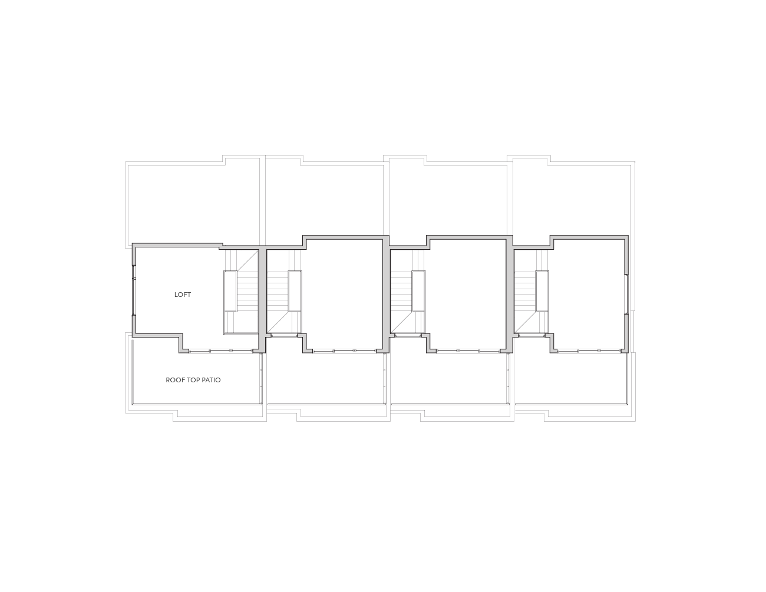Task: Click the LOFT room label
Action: (x=183, y=295)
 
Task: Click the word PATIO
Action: (x=211, y=380)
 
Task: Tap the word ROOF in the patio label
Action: (x=173, y=380)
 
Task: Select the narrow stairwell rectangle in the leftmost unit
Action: (x=230, y=291)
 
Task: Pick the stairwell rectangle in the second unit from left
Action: (x=295, y=291)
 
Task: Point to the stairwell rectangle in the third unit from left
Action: (x=418, y=291)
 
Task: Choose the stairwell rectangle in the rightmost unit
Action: (x=542, y=291)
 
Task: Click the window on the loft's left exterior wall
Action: (x=134, y=290)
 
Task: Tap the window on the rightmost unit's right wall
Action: (x=626, y=294)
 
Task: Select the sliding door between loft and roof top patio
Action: (x=221, y=351)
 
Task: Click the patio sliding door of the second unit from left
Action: (x=345, y=351)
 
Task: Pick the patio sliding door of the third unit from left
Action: (x=468, y=351)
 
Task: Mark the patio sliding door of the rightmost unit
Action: (x=589, y=351)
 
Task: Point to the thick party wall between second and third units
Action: (x=386, y=295)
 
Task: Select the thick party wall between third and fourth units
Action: (x=510, y=295)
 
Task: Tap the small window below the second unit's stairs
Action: (x=285, y=336)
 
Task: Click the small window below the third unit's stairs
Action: (x=408, y=336)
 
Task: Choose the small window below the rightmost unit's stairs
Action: (x=532, y=336)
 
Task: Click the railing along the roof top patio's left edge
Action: (x=133, y=372)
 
